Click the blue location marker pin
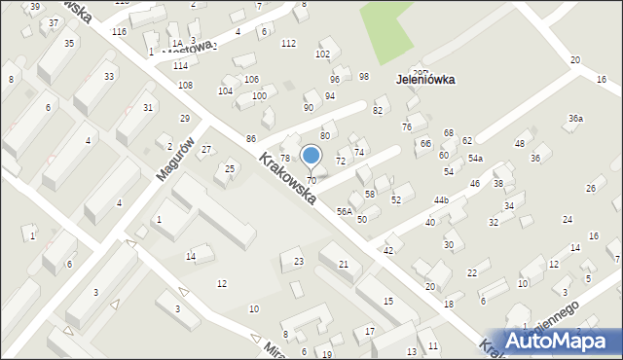click(x=311, y=156)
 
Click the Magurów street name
click(x=174, y=159)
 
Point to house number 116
click(x=119, y=32)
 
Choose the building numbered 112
click(x=288, y=44)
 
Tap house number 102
click(x=322, y=54)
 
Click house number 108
click(x=185, y=86)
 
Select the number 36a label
click(x=575, y=119)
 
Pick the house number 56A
click(x=345, y=211)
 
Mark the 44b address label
click(x=441, y=200)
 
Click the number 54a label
click(x=475, y=158)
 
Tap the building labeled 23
click(x=299, y=261)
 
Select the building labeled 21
click(x=343, y=264)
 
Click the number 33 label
click(x=109, y=76)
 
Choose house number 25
click(x=230, y=169)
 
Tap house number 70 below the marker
click(x=311, y=181)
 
